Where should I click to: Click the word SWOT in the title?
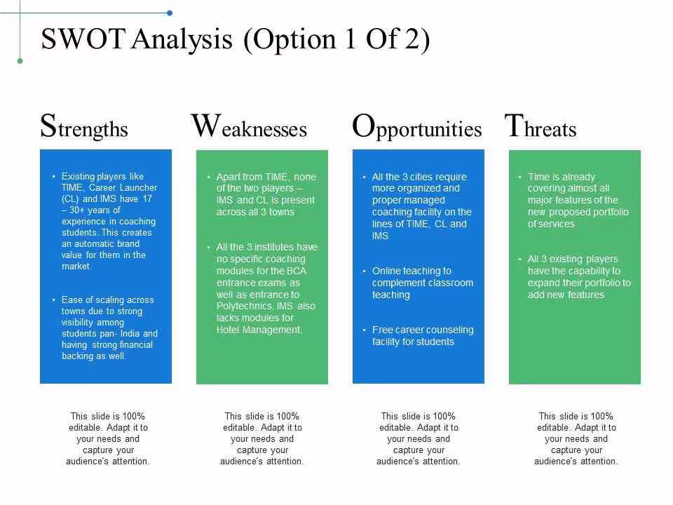point(83,39)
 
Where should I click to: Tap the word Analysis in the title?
point(182,40)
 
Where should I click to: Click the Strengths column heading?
point(84,126)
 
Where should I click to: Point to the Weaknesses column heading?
point(249,126)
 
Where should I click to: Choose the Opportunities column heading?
point(416,127)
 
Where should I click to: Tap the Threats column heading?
point(541,126)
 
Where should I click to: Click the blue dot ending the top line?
point(170,13)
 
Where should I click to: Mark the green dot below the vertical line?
point(20,61)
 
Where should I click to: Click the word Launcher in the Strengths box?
point(138,188)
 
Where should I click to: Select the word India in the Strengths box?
point(130,334)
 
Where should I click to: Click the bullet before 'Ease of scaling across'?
point(54,299)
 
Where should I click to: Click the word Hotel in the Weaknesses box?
point(228,330)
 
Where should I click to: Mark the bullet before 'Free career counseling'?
point(364,330)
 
